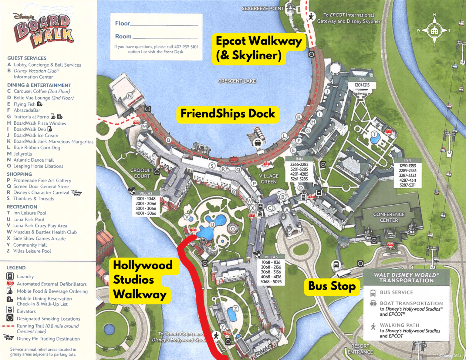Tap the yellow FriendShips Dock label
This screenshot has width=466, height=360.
pyautogui.click(x=228, y=114)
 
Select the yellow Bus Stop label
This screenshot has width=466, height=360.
pyautogui.click(x=332, y=286)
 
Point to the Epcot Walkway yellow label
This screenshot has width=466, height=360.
pyautogui.click(x=258, y=48)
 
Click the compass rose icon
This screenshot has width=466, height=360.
pyautogui.click(x=434, y=31)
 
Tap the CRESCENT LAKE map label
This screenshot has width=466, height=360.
pyautogui.click(x=237, y=81)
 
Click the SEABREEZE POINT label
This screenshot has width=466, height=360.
pyautogui.click(x=263, y=8)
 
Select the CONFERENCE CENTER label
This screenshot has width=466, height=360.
pyautogui.click(x=389, y=217)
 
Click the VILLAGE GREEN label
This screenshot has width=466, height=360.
pyautogui.click(x=268, y=179)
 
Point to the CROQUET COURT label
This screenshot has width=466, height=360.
pyautogui.click(x=142, y=173)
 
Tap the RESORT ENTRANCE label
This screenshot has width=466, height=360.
pyautogui.click(x=360, y=349)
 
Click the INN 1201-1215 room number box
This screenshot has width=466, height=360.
pyautogui.click(x=362, y=83)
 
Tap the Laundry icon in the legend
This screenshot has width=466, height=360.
pyautogui.click(x=10, y=276)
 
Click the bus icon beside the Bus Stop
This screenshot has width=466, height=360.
pyautogui.click(x=336, y=265)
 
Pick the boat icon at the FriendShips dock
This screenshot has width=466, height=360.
pyautogui.click(x=258, y=142)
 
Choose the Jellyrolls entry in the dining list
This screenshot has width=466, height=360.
pyautogui.click(x=22, y=154)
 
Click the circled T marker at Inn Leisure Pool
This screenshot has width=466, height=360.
pyautogui.click(x=375, y=134)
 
